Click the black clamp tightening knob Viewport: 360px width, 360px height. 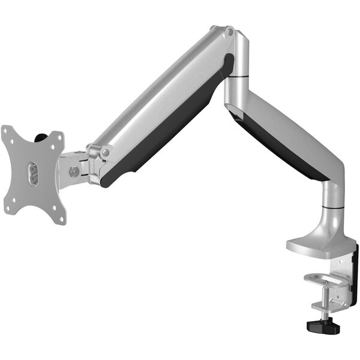323,326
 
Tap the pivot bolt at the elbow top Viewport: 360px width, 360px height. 229,32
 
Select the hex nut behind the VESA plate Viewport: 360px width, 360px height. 74,172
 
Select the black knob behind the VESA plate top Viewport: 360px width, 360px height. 40,138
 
